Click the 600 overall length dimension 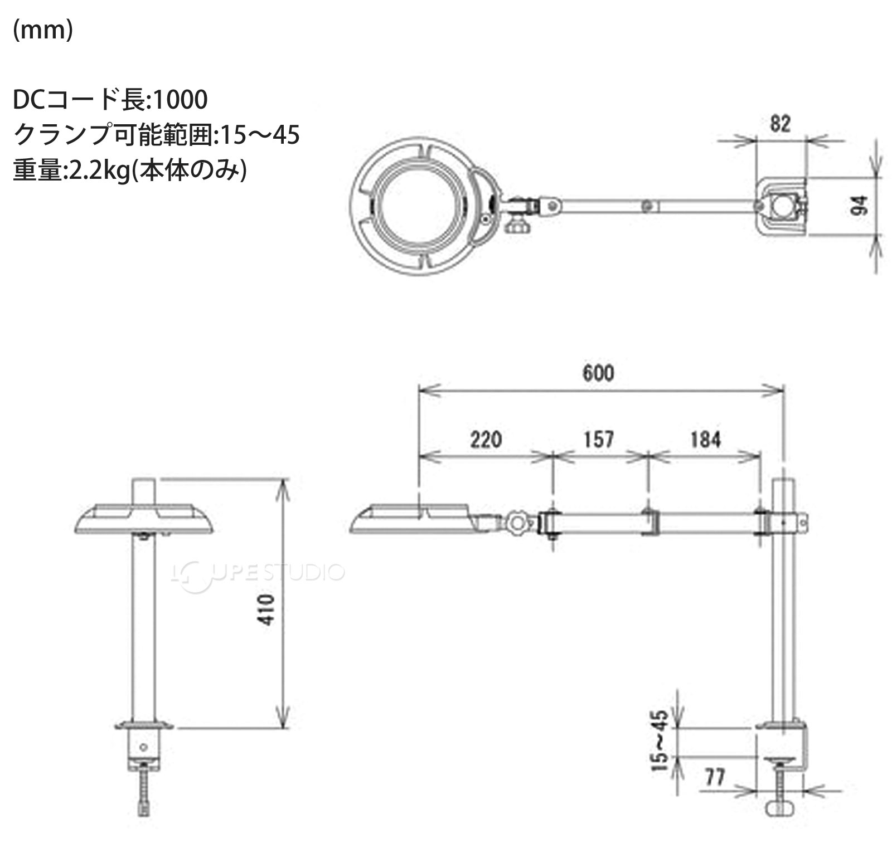tap(598, 373)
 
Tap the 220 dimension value tap(486, 440)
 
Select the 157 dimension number tap(599, 440)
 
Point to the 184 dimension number tap(705, 440)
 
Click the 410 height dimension tap(268, 610)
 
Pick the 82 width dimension tap(780, 124)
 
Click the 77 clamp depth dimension tap(715, 777)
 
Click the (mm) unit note tap(43, 31)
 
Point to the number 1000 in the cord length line tap(180, 100)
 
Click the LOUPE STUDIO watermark tap(258, 572)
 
